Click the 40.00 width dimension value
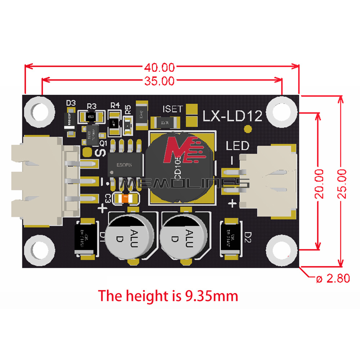click(159, 67)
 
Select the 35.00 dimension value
click(159, 81)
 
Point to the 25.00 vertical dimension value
click(341, 184)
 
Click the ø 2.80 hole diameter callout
click(333, 278)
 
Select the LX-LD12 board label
click(233, 116)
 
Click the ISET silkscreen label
click(173, 109)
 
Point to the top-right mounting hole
click(282, 111)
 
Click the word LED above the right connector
click(237, 146)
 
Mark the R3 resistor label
click(92, 106)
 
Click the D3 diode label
click(71, 103)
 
